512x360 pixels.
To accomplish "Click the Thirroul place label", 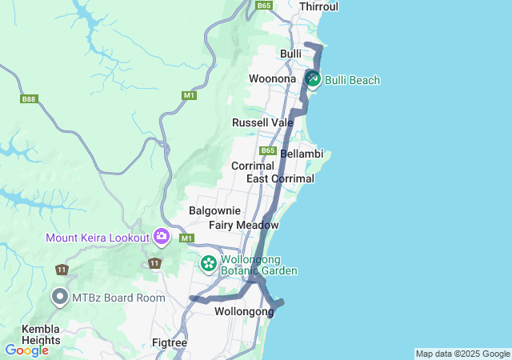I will point(318,6).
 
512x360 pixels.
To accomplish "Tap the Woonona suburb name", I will point(273,78).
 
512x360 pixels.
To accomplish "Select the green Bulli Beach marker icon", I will point(312,79).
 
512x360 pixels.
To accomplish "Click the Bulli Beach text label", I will point(352,80).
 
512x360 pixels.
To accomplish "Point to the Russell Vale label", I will point(262,122).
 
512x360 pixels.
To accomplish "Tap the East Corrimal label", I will point(280,178).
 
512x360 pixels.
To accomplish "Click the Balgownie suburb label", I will point(214,210).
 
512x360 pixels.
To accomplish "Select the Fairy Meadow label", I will point(243,226).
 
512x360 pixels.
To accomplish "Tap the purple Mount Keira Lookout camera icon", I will point(162,237).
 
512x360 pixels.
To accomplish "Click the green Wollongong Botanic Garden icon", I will point(209,263).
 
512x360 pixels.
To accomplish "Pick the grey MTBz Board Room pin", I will point(60,297).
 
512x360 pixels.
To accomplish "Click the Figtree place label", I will point(169,342).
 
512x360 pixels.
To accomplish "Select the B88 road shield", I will point(29,99).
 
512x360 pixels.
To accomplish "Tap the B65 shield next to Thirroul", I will point(264,6).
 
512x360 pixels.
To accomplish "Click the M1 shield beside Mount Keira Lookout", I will point(187,238).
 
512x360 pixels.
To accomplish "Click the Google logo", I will point(26,350).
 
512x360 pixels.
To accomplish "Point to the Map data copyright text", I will point(462,354).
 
